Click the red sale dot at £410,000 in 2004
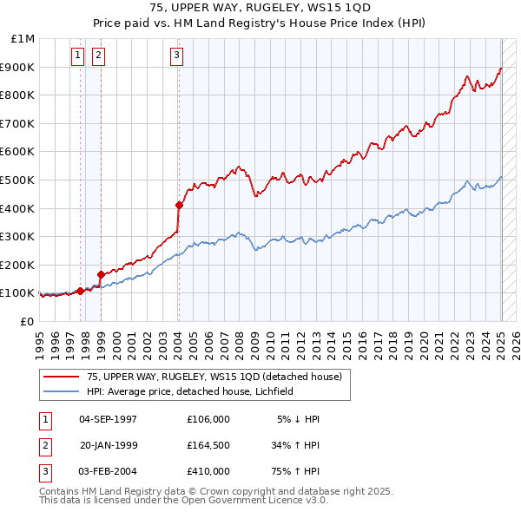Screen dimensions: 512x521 pyautogui.click(x=179, y=206)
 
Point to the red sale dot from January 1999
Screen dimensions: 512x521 pyautogui.click(x=101, y=275)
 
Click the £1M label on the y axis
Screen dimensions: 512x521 pyautogui.click(x=23, y=39)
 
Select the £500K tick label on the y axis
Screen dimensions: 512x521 pyautogui.click(x=19, y=180)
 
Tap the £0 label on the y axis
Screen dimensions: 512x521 pyautogui.click(x=27, y=321)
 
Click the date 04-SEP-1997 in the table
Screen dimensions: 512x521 pyautogui.click(x=108, y=419)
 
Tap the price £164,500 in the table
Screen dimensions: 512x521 pyautogui.click(x=208, y=445)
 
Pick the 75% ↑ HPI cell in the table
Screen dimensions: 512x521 pyautogui.click(x=294, y=471)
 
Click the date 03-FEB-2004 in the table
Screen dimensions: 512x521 pyautogui.click(x=108, y=471)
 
